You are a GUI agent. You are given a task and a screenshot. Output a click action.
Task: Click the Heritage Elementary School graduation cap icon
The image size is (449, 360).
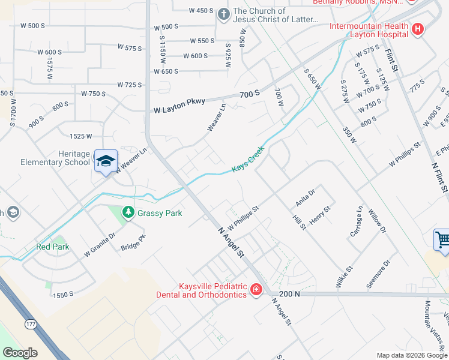(106, 161)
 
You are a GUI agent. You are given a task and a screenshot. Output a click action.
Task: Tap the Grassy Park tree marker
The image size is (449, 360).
(128, 212)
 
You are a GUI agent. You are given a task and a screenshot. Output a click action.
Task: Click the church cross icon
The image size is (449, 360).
(223, 13)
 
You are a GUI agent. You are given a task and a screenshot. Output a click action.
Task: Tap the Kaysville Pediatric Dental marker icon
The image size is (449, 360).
(256, 290)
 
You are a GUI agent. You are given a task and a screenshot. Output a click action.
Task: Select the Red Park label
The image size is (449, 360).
(53, 247)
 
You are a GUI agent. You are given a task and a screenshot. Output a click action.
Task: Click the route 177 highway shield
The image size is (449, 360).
(31, 324)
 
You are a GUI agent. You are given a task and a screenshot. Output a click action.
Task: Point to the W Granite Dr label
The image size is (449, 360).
(99, 245)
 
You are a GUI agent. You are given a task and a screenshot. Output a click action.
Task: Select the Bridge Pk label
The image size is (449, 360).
(133, 242)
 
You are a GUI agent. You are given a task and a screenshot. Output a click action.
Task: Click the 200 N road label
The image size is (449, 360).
(289, 294)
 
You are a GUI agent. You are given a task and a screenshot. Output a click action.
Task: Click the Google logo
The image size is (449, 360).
(20, 353)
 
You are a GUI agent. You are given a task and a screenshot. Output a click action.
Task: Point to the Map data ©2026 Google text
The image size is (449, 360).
(411, 355)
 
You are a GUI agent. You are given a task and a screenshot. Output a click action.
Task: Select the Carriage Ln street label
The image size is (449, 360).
(354, 221)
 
